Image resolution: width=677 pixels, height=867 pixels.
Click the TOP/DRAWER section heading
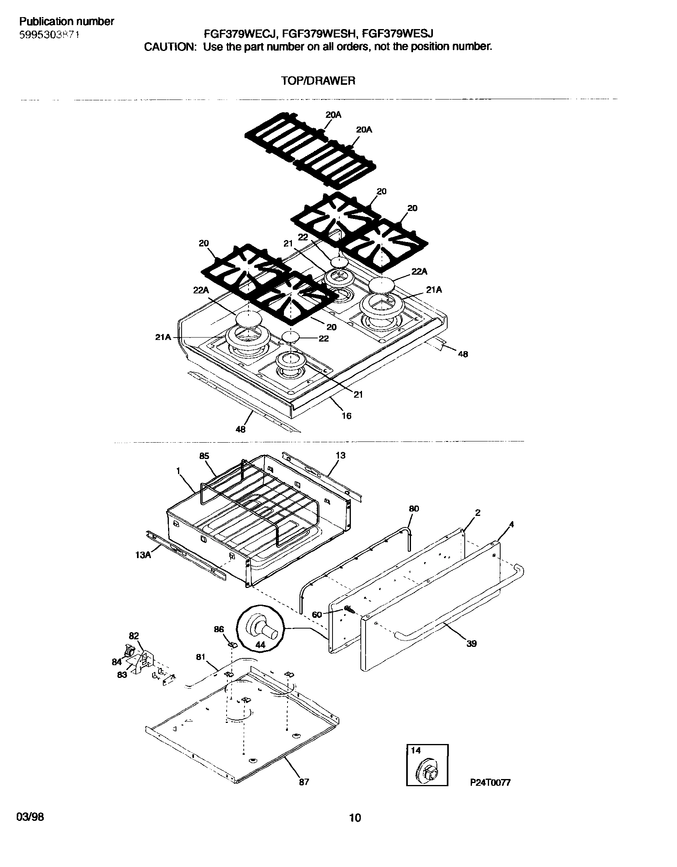[318, 81]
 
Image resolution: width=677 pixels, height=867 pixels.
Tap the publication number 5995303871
[49, 35]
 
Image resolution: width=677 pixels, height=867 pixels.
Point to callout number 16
[346, 416]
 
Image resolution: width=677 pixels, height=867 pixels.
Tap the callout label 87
[304, 782]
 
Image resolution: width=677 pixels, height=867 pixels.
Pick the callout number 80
[414, 509]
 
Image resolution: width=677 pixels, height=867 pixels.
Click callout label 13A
[143, 554]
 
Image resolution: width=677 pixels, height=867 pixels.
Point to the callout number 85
[204, 456]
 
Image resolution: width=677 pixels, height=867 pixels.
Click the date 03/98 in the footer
[30, 817]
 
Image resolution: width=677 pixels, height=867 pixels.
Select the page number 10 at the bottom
[355, 818]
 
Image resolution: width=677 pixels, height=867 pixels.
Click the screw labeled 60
[349, 609]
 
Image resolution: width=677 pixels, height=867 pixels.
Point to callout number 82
[134, 647]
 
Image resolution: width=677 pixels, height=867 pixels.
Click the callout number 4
[511, 525]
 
